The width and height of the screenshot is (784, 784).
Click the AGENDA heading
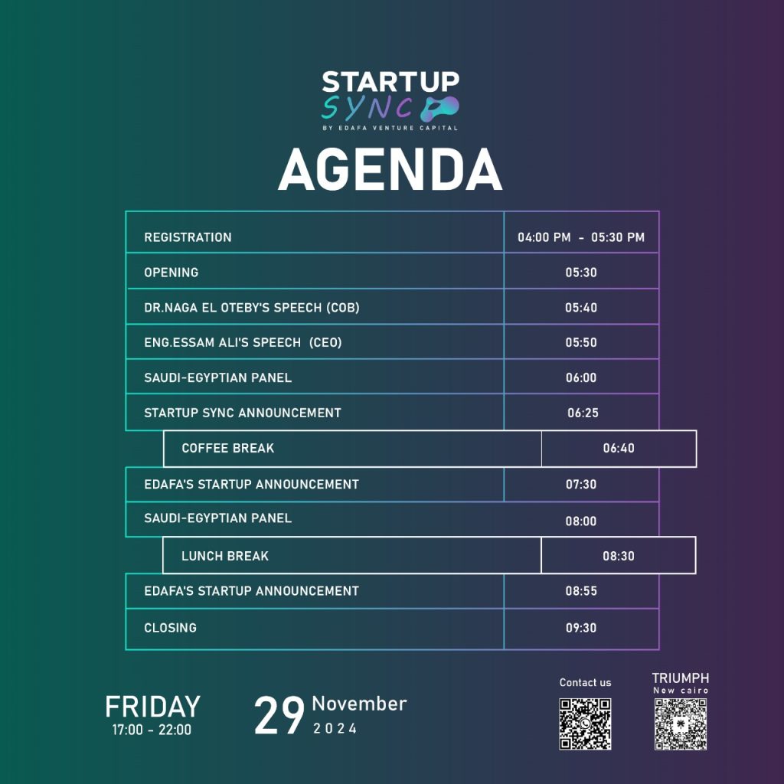[390, 170]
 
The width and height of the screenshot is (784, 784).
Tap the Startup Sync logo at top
[390, 101]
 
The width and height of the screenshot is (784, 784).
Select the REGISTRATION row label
[188, 237]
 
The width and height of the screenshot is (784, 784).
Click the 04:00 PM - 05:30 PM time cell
[581, 237]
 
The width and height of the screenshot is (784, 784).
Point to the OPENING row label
[171, 273]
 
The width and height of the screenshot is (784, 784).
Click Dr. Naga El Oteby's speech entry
[252, 308]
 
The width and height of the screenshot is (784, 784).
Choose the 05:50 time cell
[581, 342]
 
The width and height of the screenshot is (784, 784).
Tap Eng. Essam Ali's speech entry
[243, 342]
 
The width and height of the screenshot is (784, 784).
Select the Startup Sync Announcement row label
[243, 413]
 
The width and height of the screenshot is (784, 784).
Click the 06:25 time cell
[583, 413]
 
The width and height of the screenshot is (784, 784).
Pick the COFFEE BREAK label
[228, 448]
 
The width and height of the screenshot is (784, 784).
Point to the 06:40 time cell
[619, 448]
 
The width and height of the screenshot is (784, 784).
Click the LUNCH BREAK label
[225, 556]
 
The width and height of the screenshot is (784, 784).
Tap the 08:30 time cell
[619, 556]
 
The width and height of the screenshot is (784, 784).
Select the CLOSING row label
[171, 628]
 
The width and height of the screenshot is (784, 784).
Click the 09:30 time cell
[581, 628]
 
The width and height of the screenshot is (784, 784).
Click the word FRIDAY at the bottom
[152, 707]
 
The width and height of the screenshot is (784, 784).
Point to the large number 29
[279, 716]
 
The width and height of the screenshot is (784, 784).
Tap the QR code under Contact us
[585, 724]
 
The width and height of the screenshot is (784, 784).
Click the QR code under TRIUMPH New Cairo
[681, 724]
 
